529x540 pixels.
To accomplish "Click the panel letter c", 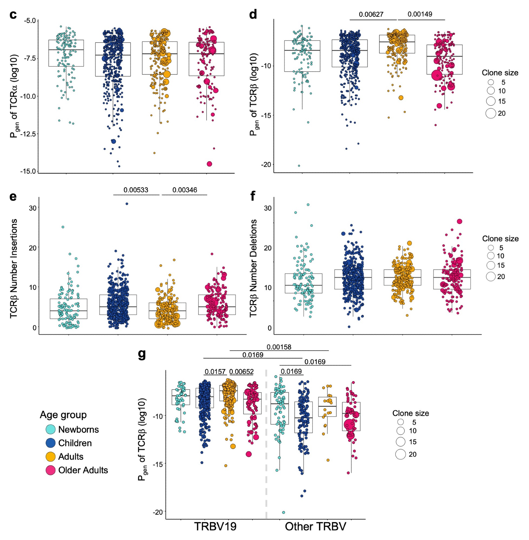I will tap(13, 14).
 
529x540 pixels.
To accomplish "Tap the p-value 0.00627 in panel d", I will tap(371, 14).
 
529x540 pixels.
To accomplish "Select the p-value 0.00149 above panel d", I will tap(420, 14).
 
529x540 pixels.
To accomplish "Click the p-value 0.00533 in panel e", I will tap(136, 190).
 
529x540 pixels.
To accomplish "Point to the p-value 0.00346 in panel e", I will tap(185, 190).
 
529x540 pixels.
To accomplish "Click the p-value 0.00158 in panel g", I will tap(279, 347).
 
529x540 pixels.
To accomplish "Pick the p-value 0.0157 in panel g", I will tap(215, 372).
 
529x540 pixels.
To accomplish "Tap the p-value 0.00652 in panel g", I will tap(242, 372).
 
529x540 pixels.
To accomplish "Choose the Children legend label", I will tap(75, 443).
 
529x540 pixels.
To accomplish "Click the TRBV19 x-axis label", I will tap(215, 526).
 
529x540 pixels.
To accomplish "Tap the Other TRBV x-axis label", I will tap(315, 526).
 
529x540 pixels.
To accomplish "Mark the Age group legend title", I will tap(63, 414).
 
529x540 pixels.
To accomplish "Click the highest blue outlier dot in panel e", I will tap(127, 204).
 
